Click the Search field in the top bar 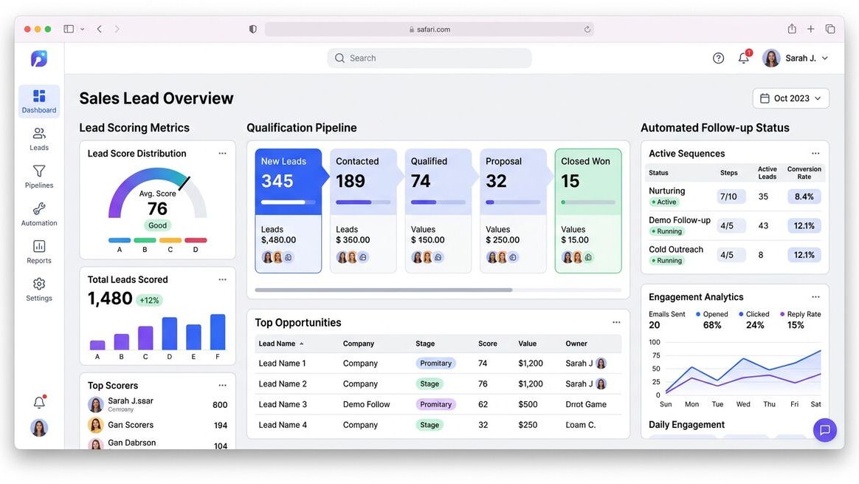(429, 58)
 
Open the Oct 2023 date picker (790, 98)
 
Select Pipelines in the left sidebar (39, 177)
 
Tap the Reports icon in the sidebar (39, 246)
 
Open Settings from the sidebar (39, 288)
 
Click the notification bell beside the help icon (744, 58)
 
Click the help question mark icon (718, 58)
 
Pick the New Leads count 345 (277, 181)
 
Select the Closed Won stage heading (585, 161)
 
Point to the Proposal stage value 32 (497, 181)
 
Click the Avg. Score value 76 (157, 209)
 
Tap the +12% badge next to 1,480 (149, 300)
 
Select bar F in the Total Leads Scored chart (218, 333)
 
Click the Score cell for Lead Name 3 (483, 404)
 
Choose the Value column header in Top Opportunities (527, 344)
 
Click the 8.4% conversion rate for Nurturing (804, 197)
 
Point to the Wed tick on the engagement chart (743, 404)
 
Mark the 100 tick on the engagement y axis (655, 342)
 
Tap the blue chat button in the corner (824, 430)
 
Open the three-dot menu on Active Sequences (815, 154)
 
